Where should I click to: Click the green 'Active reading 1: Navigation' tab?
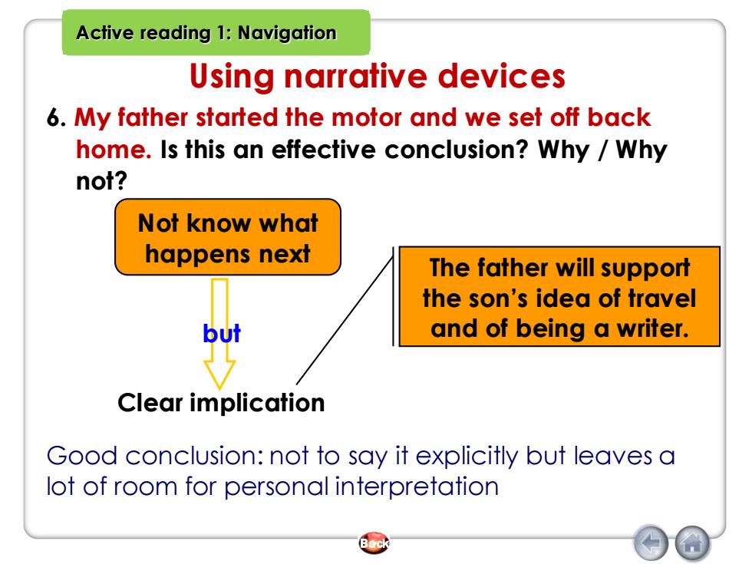(x=216, y=32)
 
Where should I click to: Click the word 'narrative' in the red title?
(x=355, y=76)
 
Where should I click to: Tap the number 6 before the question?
(x=55, y=117)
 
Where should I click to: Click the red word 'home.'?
(x=114, y=149)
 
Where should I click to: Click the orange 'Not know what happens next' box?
(x=228, y=237)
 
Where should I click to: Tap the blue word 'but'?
(x=222, y=333)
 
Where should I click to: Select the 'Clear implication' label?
(x=221, y=402)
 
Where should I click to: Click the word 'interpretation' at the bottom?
(x=417, y=486)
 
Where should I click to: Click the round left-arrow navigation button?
(x=651, y=543)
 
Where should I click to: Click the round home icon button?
(x=692, y=543)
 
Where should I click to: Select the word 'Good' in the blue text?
(x=82, y=455)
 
